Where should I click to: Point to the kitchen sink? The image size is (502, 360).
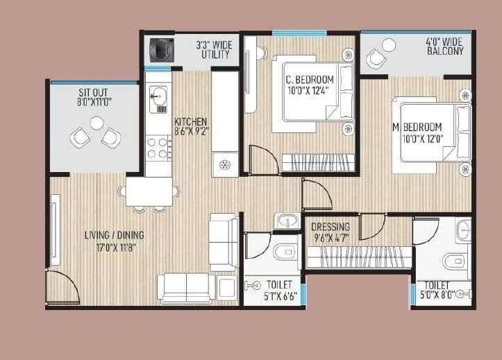click(x=156, y=94)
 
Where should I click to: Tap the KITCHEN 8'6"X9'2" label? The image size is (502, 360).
click(x=191, y=124)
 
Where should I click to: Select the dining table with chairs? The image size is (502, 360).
click(x=149, y=191)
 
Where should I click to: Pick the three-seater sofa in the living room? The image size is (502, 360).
click(x=186, y=287)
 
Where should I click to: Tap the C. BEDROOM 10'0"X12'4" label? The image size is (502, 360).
click(x=310, y=84)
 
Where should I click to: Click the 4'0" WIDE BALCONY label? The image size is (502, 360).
click(x=445, y=46)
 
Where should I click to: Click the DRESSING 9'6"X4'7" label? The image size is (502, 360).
click(x=331, y=232)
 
